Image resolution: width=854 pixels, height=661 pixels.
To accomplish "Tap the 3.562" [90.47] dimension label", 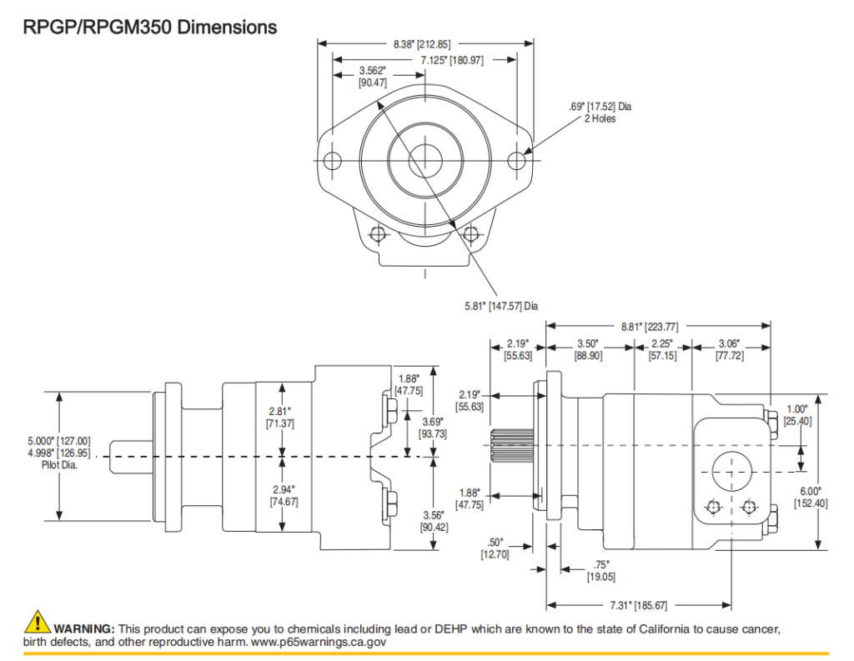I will click(372, 77).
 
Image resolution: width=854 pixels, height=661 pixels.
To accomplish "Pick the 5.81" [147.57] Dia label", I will click(500, 307).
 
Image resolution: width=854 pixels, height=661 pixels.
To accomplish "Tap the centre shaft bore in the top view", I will click(426, 160).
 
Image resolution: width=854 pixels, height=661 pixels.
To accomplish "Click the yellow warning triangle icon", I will click(38, 622).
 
